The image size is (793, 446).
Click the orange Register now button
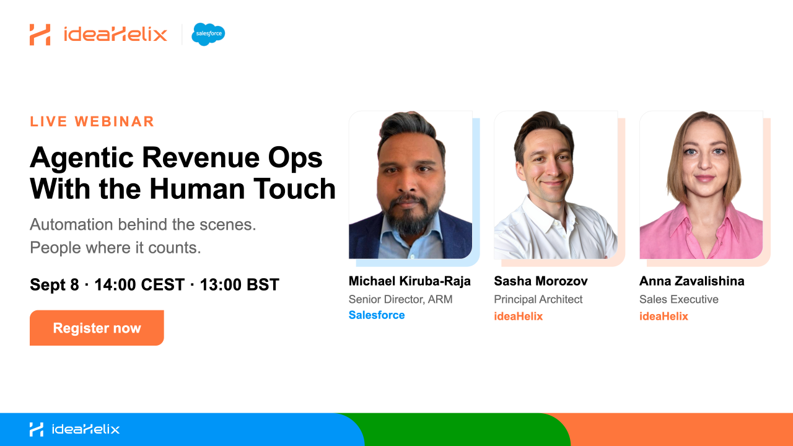point(97,328)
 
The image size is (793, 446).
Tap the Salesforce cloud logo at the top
point(208,34)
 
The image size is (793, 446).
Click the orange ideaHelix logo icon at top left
point(40,35)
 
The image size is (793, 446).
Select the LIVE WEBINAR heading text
point(92,121)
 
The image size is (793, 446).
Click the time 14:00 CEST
point(139,284)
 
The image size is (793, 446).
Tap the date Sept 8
point(54,284)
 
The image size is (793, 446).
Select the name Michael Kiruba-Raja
point(410,281)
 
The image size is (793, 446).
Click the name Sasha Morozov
point(541,281)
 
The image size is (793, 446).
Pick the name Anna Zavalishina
point(692,281)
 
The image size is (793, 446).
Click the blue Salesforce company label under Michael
point(377,315)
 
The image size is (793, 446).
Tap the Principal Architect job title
point(538,299)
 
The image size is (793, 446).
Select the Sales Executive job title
point(678,299)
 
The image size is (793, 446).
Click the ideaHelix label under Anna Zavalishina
point(664,316)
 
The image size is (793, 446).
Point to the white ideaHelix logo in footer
point(74,429)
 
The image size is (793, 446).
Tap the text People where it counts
point(115,248)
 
